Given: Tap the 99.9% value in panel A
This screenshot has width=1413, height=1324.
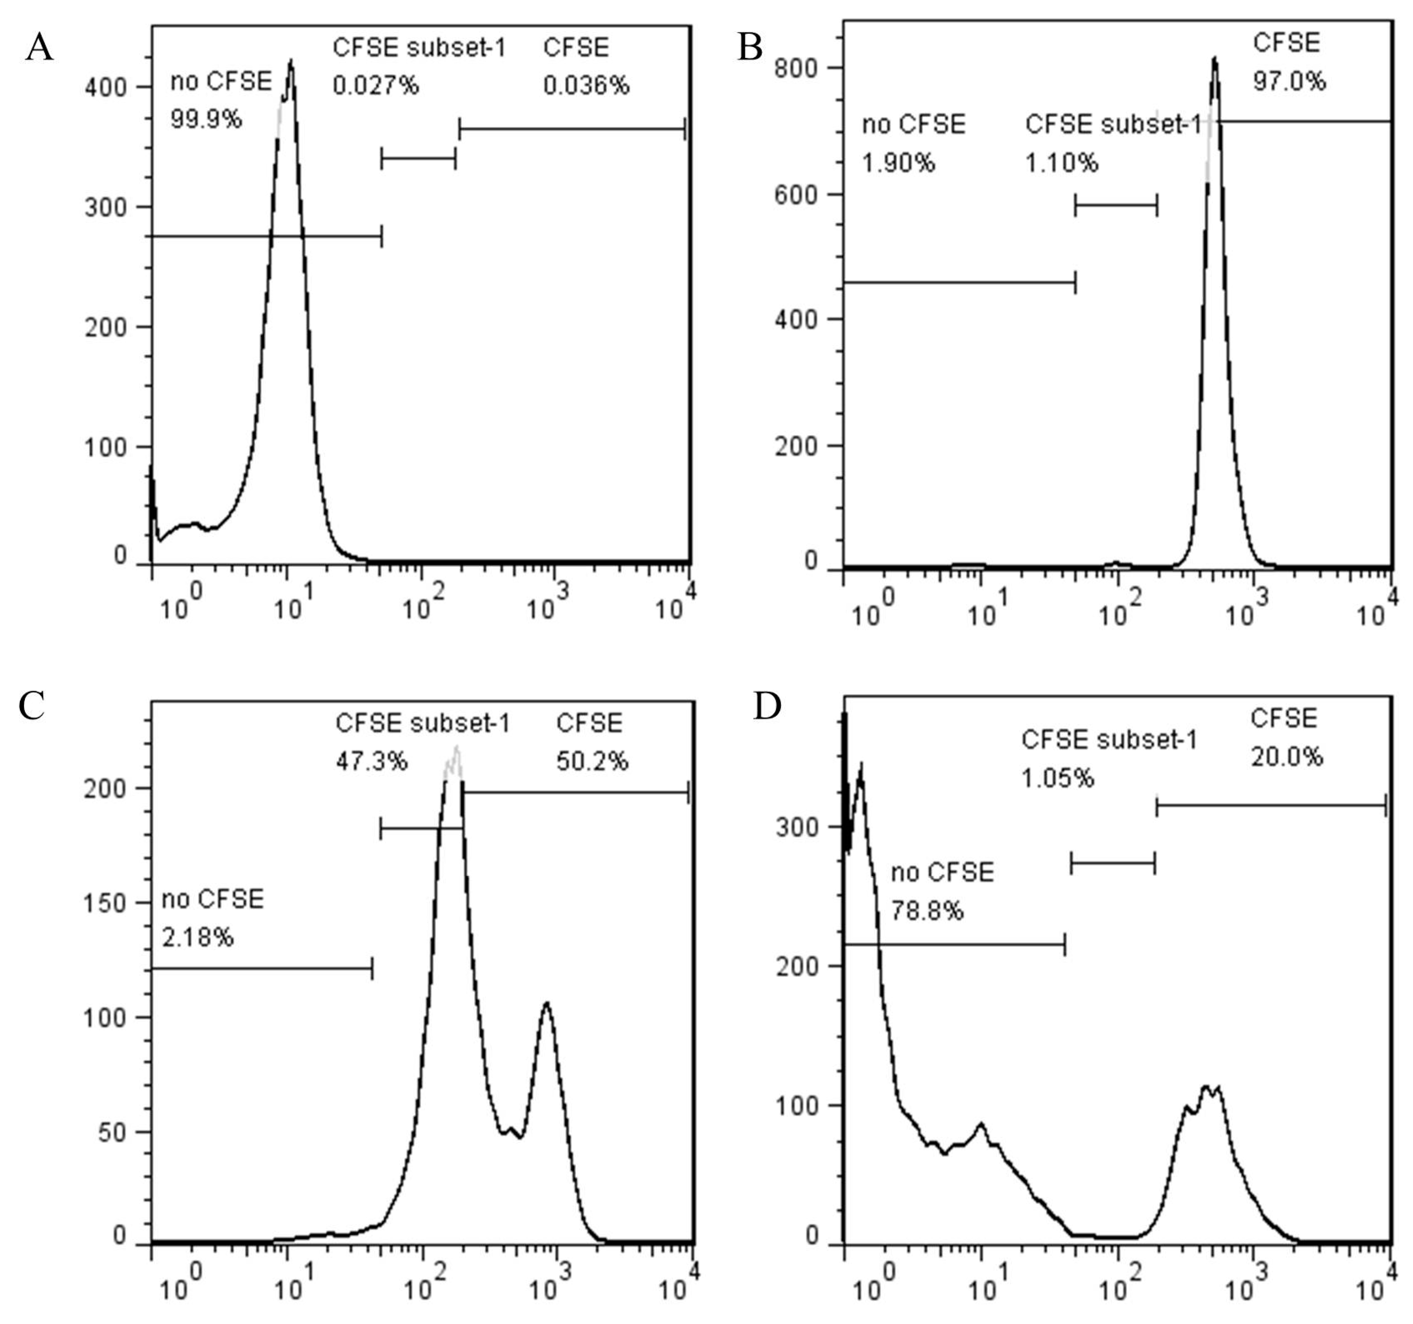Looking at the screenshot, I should [205, 119].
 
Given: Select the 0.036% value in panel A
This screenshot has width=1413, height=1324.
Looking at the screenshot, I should [586, 86].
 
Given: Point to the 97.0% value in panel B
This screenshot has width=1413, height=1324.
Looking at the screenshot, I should [1289, 81].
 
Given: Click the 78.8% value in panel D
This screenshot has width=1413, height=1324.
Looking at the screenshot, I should [927, 911].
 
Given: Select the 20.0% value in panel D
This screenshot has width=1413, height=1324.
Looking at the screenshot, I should [1286, 757].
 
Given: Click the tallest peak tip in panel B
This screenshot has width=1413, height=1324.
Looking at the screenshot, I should [1215, 60].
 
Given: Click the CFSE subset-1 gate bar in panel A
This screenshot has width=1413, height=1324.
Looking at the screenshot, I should [418, 159].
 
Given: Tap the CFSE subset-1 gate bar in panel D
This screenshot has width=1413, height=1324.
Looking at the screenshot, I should [1113, 864].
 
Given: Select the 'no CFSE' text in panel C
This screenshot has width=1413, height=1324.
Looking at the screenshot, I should [212, 899].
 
